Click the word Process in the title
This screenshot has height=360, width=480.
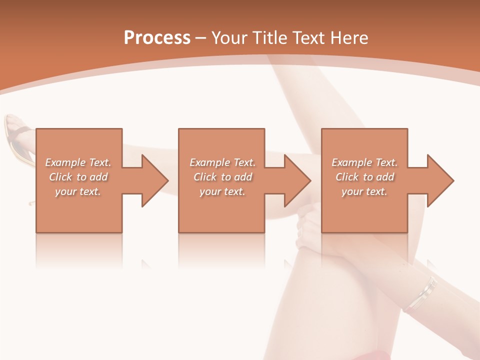click(157, 38)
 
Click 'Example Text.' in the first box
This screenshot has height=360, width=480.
click(78, 162)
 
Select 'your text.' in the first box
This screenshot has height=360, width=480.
click(78, 191)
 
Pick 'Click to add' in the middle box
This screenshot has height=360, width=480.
click(222, 177)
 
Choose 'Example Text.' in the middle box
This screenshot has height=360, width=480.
click(222, 162)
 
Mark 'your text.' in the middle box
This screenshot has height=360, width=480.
click(222, 191)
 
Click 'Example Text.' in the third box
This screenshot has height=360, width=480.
click(364, 162)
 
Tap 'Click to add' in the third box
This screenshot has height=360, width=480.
click(364, 177)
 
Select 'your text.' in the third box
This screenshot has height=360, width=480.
click(364, 191)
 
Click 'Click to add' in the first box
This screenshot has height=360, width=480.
click(78, 177)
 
